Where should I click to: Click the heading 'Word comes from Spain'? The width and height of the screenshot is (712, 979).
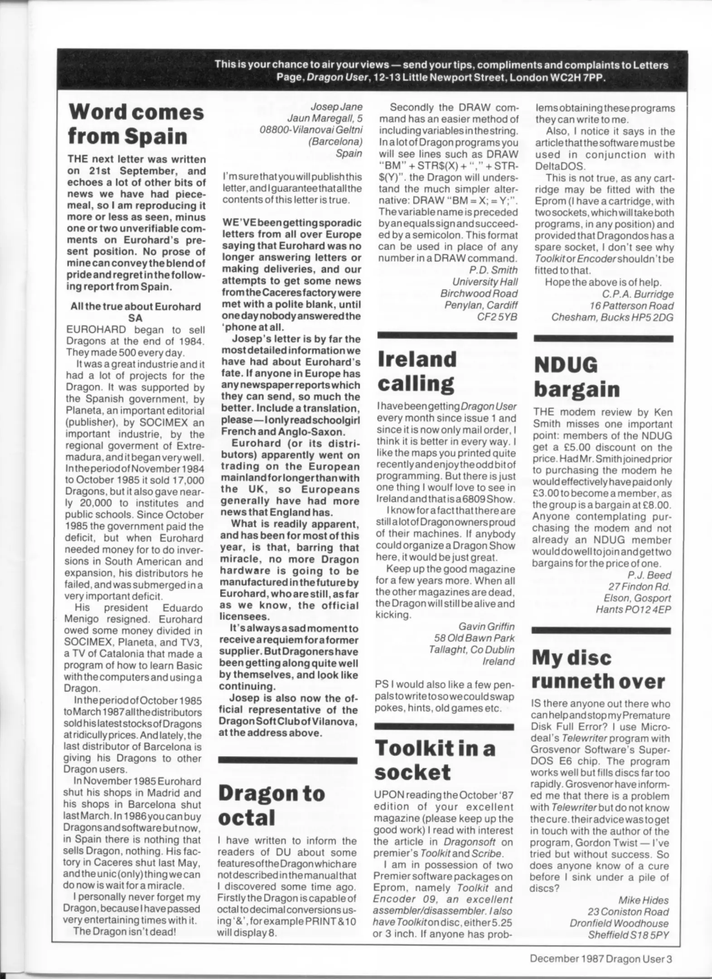[136, 124]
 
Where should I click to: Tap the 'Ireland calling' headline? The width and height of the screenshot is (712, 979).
[417, 371]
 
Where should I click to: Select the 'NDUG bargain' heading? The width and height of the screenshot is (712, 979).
[576, 377]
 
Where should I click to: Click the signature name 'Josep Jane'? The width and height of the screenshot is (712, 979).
[336, 107]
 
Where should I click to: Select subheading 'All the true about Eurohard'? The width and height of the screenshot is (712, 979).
[136, 306]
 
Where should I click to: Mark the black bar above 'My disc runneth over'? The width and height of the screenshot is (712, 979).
[601, 630]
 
